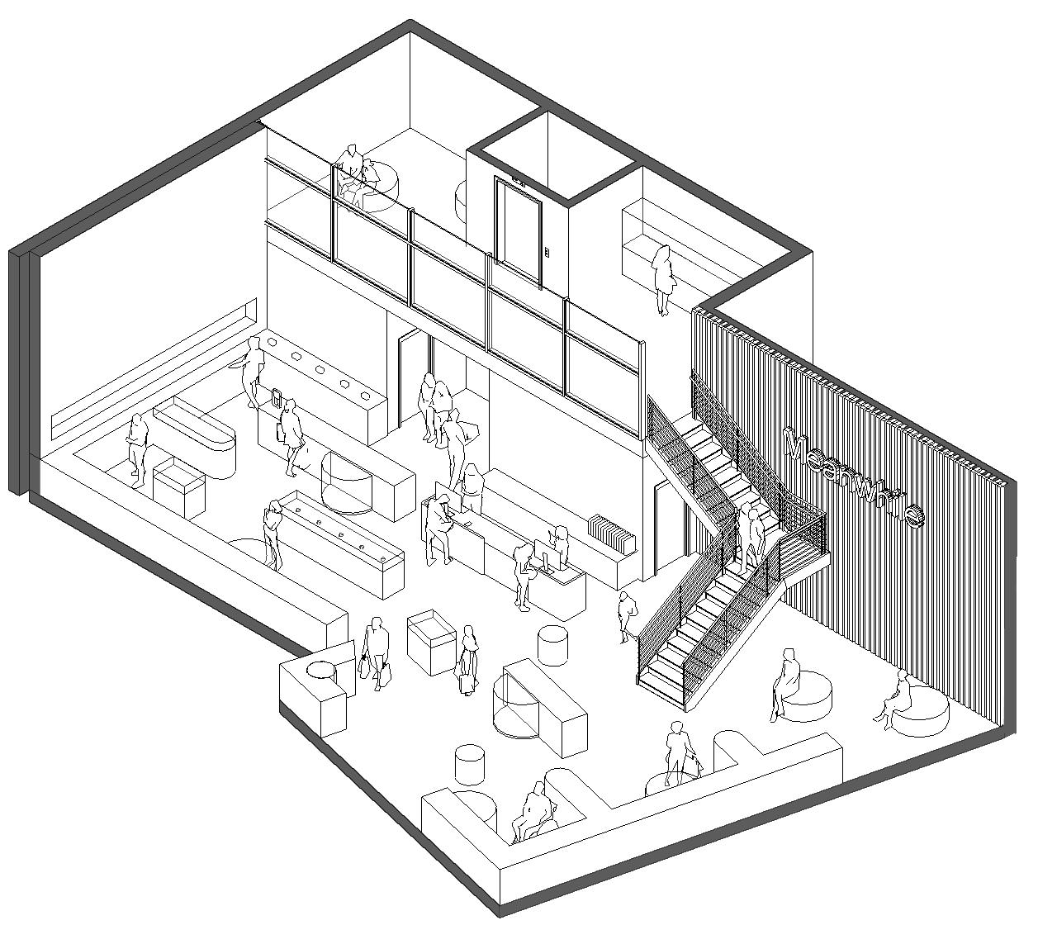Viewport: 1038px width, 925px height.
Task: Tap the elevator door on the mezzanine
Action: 519,231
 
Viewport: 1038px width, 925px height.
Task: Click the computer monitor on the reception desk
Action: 544,553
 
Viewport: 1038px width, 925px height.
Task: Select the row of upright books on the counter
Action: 611,533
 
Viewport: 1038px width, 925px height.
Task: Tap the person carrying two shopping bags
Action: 376,652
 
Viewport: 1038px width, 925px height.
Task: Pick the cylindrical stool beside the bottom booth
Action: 470,763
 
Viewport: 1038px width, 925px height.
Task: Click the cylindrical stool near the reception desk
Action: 552,644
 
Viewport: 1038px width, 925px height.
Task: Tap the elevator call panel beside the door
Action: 547,253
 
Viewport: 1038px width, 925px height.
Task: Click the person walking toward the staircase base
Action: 627,615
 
